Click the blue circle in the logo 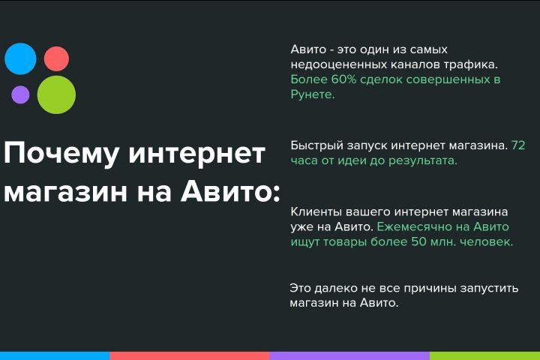(20, 58)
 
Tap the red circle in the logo (56, 58)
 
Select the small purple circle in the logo (20, 94)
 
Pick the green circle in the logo (56, 95)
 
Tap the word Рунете (313, 94)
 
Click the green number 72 (518, 145)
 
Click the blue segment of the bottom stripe (55, 355)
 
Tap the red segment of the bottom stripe (190, 355)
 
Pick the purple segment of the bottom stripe (349, 355)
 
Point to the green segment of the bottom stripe (484, 355)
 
